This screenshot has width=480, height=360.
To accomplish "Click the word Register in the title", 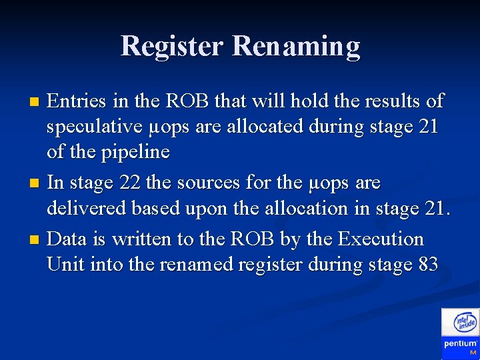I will click(173, 46).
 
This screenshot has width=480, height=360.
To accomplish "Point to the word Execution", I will click(381, 239).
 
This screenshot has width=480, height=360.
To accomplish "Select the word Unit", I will click(66, 265).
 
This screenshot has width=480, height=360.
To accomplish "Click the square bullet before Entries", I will click(36, 102).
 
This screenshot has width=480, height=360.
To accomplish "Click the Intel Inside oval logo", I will click(465, 323).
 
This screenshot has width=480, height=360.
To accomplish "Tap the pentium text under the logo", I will click(460, 343).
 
